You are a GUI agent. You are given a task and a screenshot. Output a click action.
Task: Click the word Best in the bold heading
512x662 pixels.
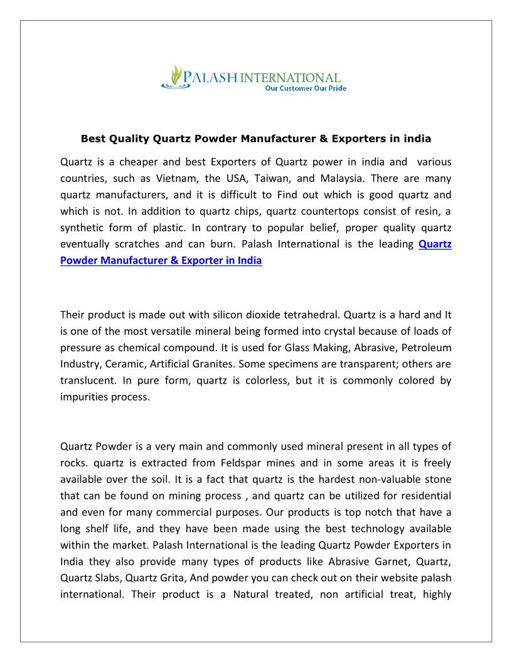(93, 139)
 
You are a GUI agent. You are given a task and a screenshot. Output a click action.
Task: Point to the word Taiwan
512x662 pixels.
(270, 179)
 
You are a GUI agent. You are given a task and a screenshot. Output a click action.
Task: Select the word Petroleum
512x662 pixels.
(426, 347)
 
